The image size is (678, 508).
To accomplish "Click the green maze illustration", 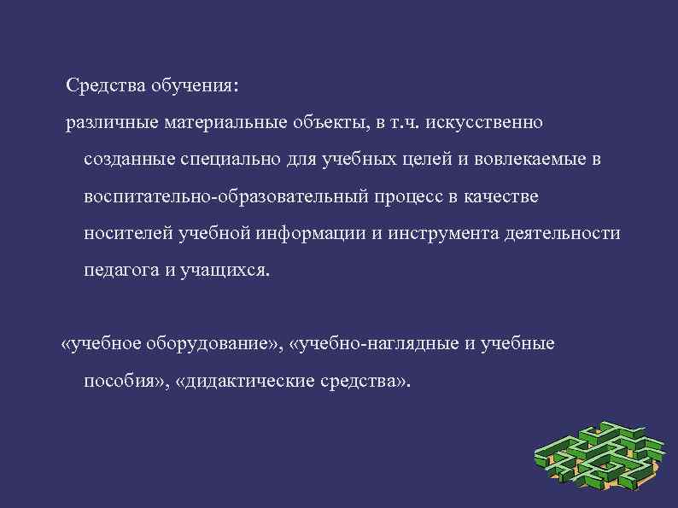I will tap(598, 457).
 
